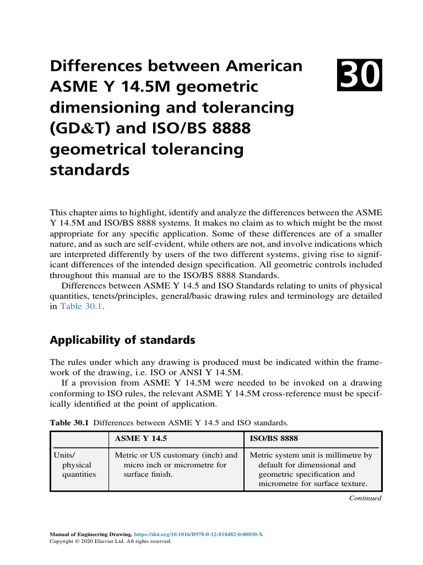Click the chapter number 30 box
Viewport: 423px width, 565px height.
coord(360,77)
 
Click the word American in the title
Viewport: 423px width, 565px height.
coord(260,66)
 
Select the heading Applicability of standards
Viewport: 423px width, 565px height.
coord(122,340)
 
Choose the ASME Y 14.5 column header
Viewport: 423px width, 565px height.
coord(140,439)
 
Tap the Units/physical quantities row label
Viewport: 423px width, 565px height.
coord(74,465)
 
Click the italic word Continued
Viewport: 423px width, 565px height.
coord(365,498)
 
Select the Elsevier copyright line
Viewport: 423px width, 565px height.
coord(111,542)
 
